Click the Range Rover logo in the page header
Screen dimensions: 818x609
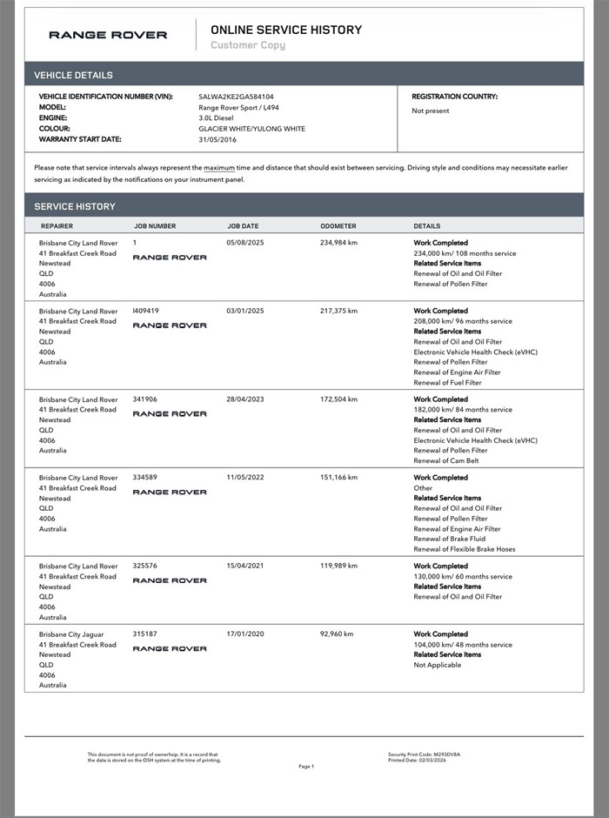tap(108, 35)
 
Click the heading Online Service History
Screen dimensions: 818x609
tap(286, 30)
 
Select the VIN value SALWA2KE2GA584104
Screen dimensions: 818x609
tap(237, 97)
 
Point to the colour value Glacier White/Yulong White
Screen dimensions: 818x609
tap(251, 129)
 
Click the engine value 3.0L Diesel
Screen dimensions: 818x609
tap(217, 117)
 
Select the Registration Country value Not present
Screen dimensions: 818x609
tap(431, 111)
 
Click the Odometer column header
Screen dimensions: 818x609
tap(338, 226)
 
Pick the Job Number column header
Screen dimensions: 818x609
tap(155, 226)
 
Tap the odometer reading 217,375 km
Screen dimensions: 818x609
tap(338, 311)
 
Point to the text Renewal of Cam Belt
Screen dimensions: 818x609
tap(445, 460)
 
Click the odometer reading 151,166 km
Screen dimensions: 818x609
tap(338, 478)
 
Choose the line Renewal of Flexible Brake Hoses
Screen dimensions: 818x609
tap(464, 549)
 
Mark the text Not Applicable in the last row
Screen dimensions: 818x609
tap(438, 665)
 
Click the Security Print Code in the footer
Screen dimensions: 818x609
tap(424, 754)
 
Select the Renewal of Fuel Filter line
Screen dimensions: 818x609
tap(447, 382)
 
